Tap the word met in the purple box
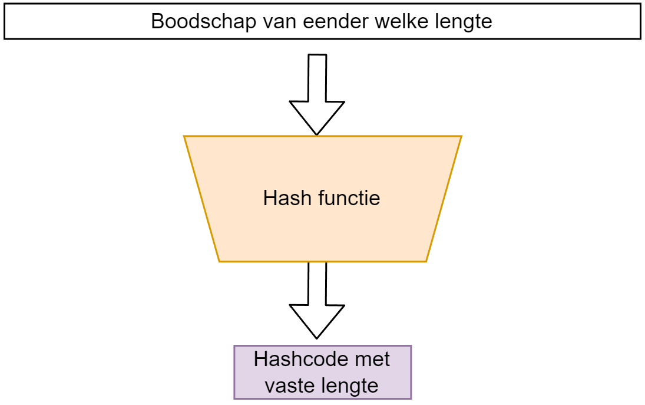pyautogui.click(x=375, y=359)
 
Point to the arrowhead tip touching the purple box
pyautogui.click(x=317, y=338)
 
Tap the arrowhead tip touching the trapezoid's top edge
pyautogui.click(x=317, y=134)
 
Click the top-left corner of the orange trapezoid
pyautogui.click(x=184, y=136)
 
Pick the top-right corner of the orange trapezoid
pyautogui.click(x=461, y=136)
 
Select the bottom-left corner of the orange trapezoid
pyautogui.click(x=219, y=261)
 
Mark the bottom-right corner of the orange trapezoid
pyautogui.click(x=426, y=261)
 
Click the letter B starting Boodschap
pyautogui.click(x=158, y=22)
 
